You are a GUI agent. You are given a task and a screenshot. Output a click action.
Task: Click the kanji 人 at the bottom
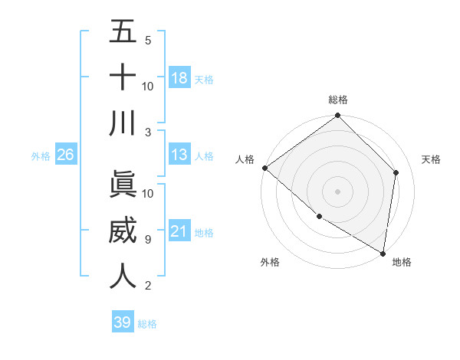pyautogui.click(x=123, y=277)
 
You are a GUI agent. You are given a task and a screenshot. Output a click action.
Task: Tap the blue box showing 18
pyautogui.click(x=179, y=78)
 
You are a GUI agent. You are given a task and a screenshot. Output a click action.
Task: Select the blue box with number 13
pyautogui.click(x=179, y=155)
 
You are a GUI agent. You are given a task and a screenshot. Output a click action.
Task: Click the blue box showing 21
pyautogui.click(x=179, y=231)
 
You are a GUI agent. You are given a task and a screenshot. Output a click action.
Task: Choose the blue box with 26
pyautogui.click(x=65, y=155)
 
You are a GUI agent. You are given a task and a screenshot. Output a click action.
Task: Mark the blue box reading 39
pyautogui.click(x=122, y=322)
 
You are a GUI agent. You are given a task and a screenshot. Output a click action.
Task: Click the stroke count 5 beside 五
pyautogui.click(x=147, y=40)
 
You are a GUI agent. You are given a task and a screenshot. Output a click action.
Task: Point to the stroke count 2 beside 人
pyautogui.click(x=147, y=286)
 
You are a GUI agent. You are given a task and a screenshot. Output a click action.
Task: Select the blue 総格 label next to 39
pyautogui.click(x=147, y=324)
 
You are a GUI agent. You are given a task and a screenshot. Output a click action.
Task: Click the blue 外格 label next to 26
pyautogui.click(x=41, y=156)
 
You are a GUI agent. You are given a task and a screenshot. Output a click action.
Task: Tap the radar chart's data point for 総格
pyautogui.click(x=337, y=116)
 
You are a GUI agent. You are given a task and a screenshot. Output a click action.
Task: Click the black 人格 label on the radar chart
pyautogui.click(x=245, y=159)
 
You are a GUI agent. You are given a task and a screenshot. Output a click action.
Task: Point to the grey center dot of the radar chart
pyautogui.click(x=337, y=191)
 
